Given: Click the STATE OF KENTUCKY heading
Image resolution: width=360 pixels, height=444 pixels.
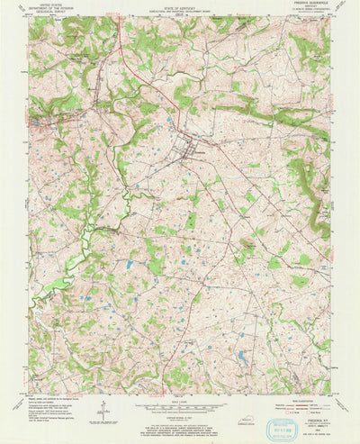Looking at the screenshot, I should point(180,6).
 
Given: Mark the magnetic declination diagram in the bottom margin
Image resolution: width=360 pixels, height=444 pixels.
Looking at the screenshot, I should point(106,410).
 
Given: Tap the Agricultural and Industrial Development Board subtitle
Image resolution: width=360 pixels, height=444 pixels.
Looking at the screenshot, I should point(180,11).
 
